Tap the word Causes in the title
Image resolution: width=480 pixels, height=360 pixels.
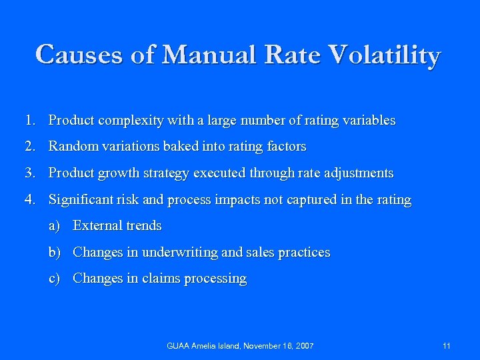(x=79, y=55)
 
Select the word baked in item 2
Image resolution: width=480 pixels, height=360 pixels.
(x=181, y=147)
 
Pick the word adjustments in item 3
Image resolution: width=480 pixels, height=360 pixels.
(x=357, y=173)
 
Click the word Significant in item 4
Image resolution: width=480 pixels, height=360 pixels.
(x=81, y=199)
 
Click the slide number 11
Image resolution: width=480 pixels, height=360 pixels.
(x=446, y=346)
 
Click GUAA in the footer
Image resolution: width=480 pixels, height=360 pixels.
(x=178, y=346)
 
